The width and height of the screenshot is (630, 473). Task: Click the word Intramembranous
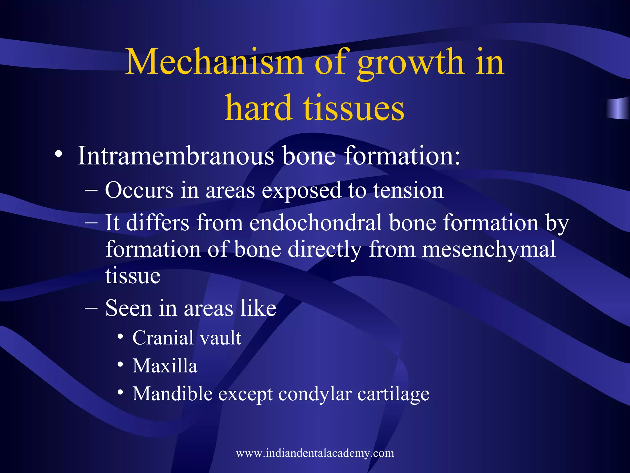pyautogui.click(x=175, y=156)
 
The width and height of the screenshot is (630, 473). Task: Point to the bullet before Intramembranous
pyautogui.click(x=59, y=154)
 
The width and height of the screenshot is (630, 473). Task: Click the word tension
pyautogui.click(x=409, y=190)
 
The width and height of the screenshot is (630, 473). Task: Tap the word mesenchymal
pyautogui.click(x=489, y=249)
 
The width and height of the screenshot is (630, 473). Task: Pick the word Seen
pyautogui.click(x=129, y=308)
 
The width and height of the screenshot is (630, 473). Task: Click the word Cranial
pyautogui.click(x=163, y=338)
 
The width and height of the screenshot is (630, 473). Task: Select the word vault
pyautogui.click(x=221, y=338)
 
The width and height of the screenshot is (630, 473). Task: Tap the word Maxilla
pyautogui.click(x=165, y=366)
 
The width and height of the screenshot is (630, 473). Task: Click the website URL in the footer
pyautogui.click(x=315, y=453)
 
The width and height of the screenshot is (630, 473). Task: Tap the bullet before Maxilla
pyautogui.click(x=121, y=365)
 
